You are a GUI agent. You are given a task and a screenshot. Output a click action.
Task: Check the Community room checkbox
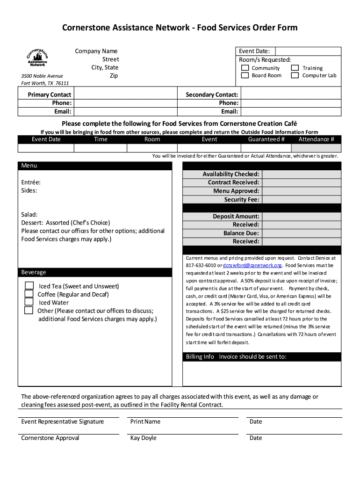click(245, 68)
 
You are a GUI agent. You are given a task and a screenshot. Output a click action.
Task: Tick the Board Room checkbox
click(245, 75)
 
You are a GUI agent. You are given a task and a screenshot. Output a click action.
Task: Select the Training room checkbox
click(295, 68)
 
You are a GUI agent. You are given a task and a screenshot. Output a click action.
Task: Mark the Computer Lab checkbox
click(295, 75)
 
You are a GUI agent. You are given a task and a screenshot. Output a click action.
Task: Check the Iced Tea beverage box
click(29, 286)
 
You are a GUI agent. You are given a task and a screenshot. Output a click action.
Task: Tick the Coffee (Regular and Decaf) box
click(29, 294)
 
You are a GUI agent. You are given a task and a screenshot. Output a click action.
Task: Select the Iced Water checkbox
click(29, 302)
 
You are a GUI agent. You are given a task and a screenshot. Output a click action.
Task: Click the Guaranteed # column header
click(266, 139)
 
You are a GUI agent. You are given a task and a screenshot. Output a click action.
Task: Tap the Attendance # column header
click(316, 139)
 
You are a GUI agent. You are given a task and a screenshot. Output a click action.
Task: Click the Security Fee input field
click(301, 200)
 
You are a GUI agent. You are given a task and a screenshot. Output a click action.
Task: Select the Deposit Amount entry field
click(301, 217)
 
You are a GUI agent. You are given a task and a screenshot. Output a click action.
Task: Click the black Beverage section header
click(95, 272)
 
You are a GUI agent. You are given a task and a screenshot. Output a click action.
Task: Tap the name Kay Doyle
click(143, 438)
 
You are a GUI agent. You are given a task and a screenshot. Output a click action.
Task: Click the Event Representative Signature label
click(63, 422)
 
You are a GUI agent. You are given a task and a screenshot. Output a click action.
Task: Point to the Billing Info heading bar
click(261, 357)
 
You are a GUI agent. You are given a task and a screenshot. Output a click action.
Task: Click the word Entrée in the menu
click(31, 182)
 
